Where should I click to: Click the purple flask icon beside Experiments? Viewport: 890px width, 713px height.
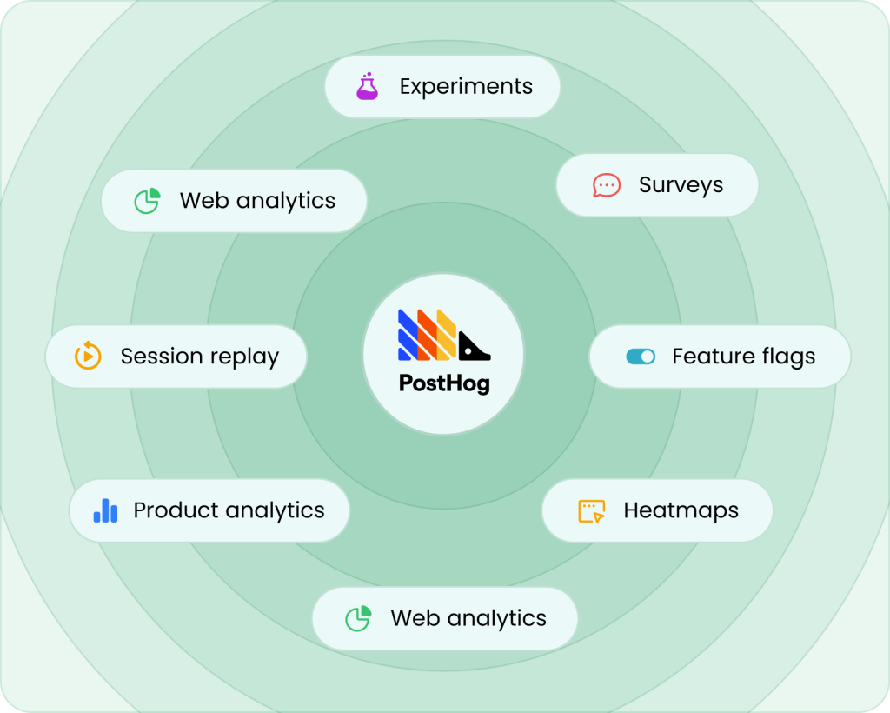[x=368, y=87]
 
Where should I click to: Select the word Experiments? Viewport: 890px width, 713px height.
[x=466, y=87]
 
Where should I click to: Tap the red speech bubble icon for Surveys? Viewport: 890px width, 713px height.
[x=606, y=185]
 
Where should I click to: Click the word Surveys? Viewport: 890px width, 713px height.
[x=681, y=185]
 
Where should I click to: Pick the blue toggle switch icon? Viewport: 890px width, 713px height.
[x=641, y=356]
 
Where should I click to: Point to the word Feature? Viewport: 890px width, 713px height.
[x=709, y=356]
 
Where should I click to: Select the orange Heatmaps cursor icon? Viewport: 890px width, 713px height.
[x=591, y=510]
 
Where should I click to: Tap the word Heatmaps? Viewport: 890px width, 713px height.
[x=681, y=510]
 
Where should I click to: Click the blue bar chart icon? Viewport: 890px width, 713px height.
[x=105, y=510]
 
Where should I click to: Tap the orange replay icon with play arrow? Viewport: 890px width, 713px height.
[x=88, y=356]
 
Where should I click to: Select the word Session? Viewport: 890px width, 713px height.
[x=156, y=356]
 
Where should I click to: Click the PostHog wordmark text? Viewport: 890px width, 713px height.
[x=444, y=383]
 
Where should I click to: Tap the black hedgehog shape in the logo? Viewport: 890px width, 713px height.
[x=474, y=348]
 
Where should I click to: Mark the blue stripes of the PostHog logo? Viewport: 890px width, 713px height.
[x=409, y=336]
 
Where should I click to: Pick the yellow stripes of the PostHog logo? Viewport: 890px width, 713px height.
[x=447, y=336]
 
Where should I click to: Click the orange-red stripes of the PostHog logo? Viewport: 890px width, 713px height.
[x=428, y=336]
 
